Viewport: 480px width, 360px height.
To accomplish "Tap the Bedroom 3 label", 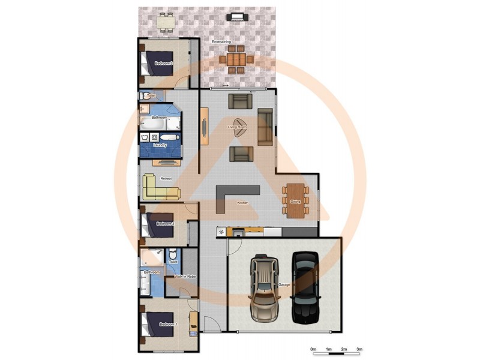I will click(164, 63).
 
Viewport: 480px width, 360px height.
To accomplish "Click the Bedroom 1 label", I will click(167, 325).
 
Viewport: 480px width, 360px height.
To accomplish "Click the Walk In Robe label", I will click(185, 276).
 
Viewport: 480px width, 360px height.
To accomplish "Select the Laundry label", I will click(160, 145).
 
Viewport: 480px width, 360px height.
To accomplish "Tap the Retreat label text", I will click(166, 178).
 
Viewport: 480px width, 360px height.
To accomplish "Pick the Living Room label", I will click(238, 127).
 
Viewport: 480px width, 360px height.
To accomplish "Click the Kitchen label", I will click(242, 203).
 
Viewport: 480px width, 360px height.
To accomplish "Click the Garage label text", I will click(284, 284).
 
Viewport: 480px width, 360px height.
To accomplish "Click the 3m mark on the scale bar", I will click(360, 349).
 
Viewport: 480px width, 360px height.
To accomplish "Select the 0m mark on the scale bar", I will click(313, 349).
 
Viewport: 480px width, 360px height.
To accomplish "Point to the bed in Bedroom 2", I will click(154, 224).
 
